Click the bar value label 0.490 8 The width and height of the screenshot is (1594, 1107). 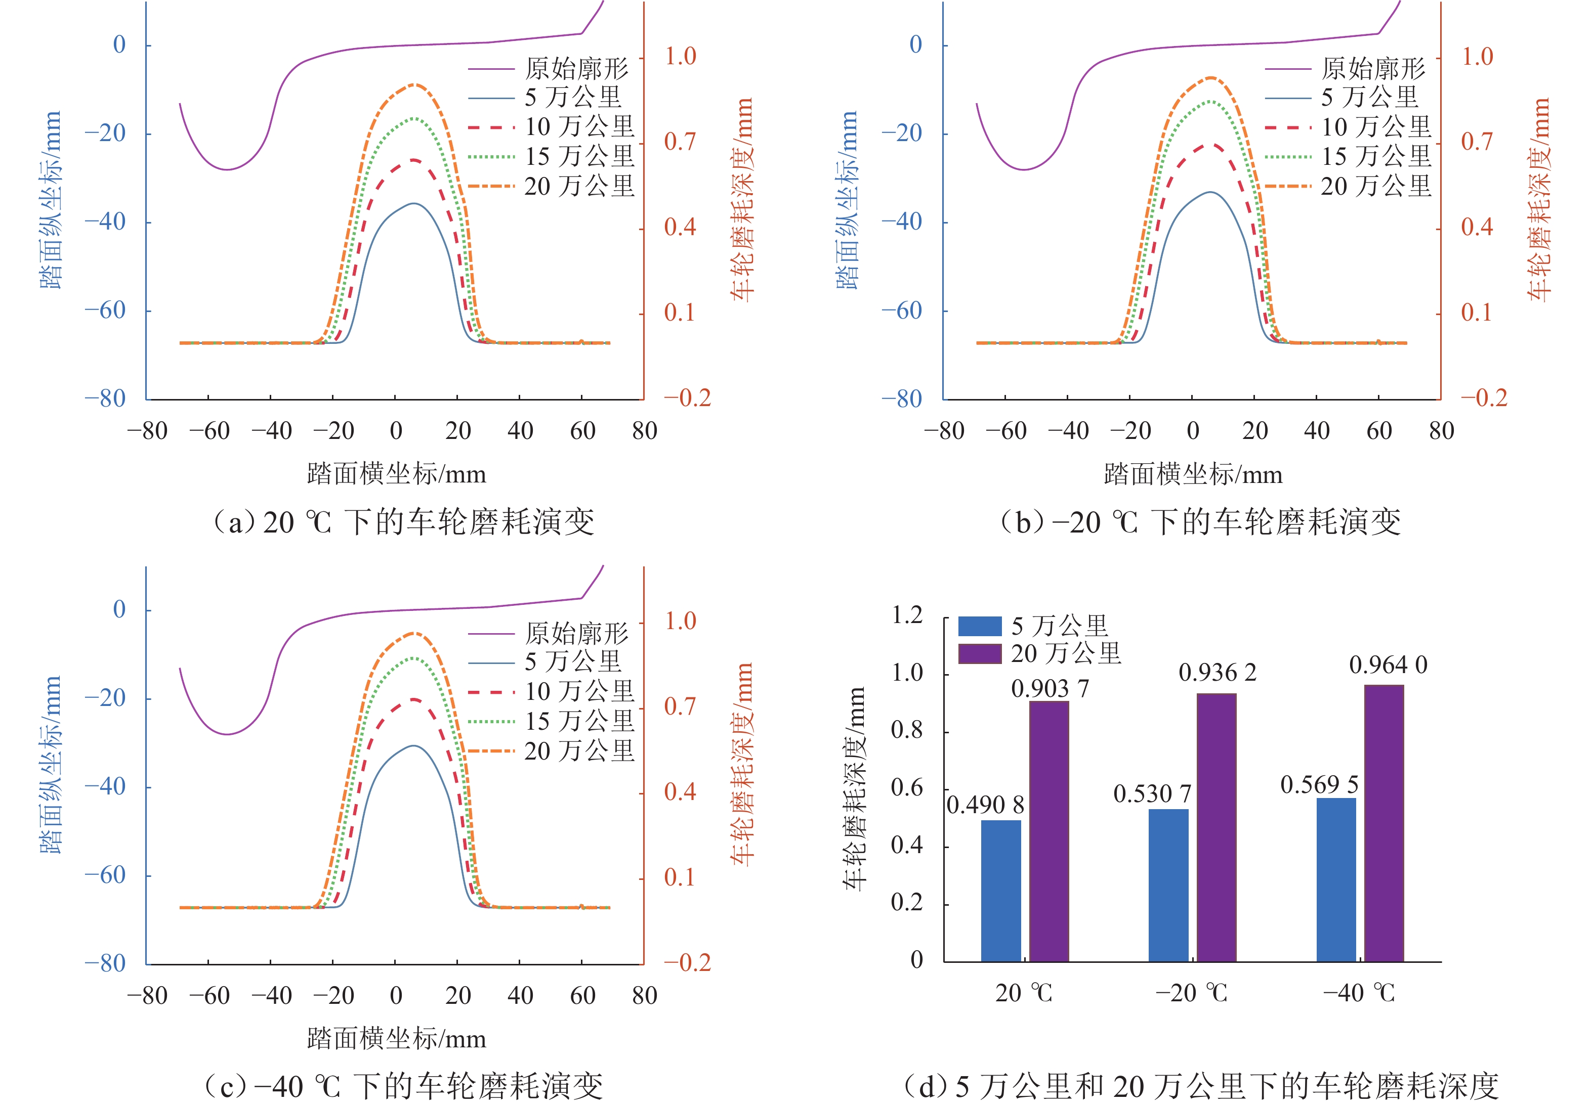985,805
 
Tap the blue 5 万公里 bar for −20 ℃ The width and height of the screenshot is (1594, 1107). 1168,885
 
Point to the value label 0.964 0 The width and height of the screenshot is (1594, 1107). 1388,665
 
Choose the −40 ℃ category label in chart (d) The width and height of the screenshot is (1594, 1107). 1359,993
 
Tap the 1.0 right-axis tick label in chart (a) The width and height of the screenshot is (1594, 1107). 680,56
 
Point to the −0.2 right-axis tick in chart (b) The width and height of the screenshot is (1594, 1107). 1484,397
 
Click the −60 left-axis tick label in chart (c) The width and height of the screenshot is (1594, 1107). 105,875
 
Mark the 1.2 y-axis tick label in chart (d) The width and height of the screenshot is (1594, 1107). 907,615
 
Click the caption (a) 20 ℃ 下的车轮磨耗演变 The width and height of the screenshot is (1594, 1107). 402,521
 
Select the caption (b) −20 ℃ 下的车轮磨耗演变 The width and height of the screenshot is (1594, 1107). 1199,521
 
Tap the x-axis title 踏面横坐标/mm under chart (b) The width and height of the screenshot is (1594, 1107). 1192,474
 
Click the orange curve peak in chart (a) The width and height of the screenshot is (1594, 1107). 415,84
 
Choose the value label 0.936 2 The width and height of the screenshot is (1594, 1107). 1217,672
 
